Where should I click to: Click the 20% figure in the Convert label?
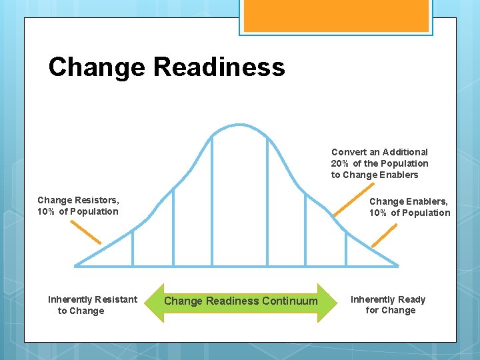click(340, 163)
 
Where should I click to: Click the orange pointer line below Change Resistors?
click(86, 232)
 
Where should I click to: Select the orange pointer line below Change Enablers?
click(384, 235)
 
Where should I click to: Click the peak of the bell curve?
click(239, 125)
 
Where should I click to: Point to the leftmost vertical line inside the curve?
click(133, 247)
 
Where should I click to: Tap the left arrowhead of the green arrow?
click(153, 301)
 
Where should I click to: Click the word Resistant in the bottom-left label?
click(115, 299)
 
